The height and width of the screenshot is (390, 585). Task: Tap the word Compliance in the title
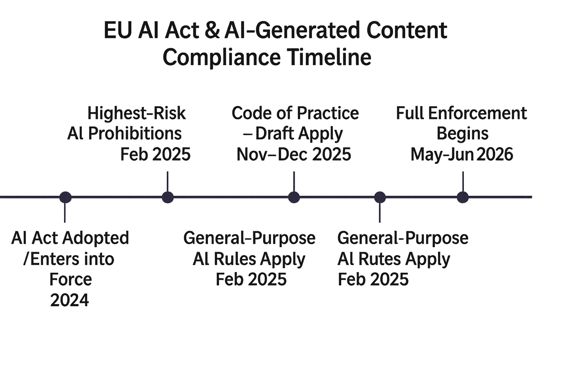click(221, 57)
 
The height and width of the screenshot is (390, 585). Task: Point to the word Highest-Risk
click(136, 113)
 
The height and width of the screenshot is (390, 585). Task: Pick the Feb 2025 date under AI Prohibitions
click(155, 154)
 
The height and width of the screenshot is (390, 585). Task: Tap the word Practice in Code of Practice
click(327, 113)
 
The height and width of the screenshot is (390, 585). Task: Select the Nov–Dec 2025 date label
click(293, 154)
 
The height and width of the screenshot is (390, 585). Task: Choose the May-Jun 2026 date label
click(462, 154)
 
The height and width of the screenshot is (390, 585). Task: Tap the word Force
click(71, 279)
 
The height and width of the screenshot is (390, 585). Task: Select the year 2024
click(70, 300)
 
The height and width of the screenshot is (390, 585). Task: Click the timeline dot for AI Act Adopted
click(65, 197)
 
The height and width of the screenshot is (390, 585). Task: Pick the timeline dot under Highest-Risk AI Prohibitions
click(168, 197)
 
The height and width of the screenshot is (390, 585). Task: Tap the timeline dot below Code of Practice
click(294, 197)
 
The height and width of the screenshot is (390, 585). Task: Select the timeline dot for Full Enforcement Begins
click(462, 197)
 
